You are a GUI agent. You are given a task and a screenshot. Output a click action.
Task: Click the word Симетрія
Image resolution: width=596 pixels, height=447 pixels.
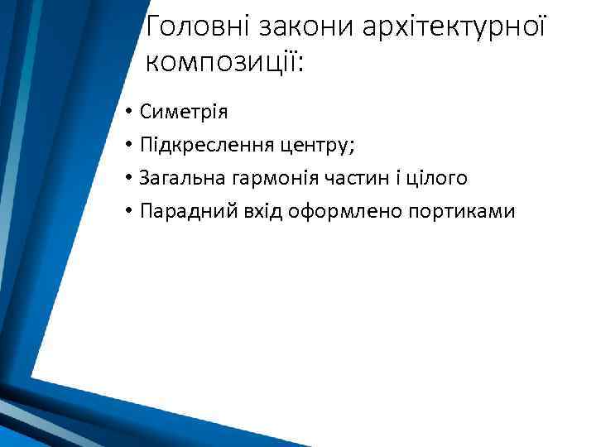pos(184,111)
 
